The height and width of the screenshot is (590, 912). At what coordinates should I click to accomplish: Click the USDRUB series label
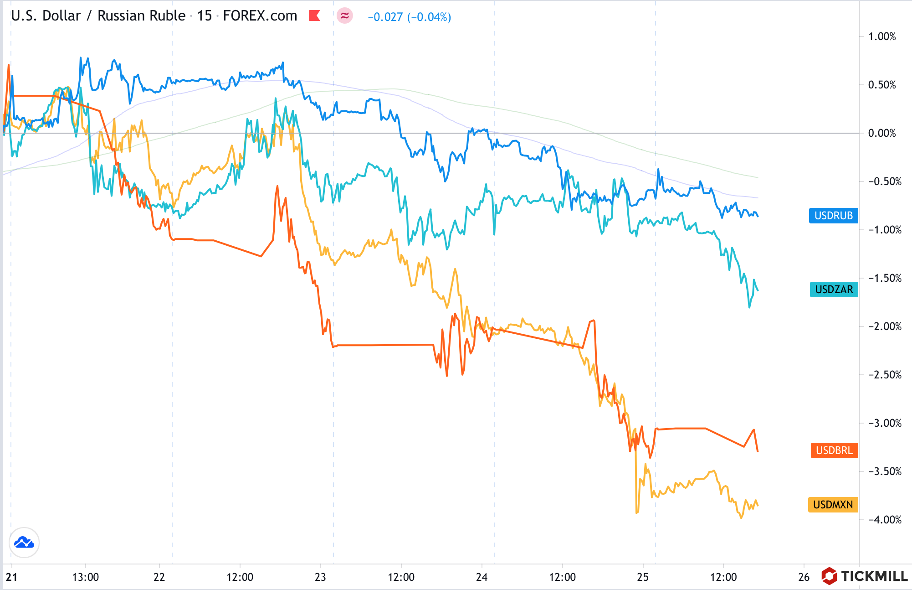(833, 216)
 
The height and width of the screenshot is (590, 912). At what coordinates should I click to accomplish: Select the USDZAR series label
(834, 290)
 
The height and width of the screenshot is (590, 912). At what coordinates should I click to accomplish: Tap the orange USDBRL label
(834, 450)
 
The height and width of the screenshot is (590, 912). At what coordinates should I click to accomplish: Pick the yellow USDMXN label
(833, 505)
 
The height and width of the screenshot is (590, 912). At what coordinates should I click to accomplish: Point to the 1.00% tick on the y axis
(882, 36)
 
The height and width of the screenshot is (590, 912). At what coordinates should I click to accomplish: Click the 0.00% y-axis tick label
(882, 133)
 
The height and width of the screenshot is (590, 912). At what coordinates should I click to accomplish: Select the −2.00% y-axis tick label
(884, 326)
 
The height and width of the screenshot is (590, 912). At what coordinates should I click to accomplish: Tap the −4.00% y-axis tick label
(884, 520)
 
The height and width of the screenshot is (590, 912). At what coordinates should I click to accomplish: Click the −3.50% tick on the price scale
(884, 471)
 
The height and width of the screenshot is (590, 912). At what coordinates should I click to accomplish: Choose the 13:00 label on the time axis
(85, 577)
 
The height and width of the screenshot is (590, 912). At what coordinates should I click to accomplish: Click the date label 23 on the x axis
(320, 577)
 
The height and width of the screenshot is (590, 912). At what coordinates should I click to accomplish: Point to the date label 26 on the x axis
(804, 577)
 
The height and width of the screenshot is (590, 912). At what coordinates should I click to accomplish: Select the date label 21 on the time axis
(11, 577)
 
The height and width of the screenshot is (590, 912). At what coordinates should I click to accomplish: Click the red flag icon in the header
(314, 16)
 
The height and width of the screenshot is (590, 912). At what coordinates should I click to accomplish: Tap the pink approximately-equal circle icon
(345, 16)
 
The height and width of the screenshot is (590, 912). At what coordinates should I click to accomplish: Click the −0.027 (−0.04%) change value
(409, 17)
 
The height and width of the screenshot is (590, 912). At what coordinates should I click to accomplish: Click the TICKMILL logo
(865, 576)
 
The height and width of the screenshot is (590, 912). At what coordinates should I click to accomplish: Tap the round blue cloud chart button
(24, 543)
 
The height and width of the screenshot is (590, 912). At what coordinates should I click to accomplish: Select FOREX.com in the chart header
(260, 16)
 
